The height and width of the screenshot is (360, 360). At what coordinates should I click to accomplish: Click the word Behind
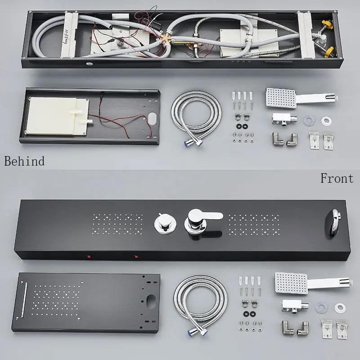pyautogui.click(x=24, y=161)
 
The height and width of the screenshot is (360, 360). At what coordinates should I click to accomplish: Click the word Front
pyautogui.click(x=337, y=178)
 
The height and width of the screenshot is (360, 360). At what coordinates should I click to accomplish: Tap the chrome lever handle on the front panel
pyautogui.click(x=203, y=221)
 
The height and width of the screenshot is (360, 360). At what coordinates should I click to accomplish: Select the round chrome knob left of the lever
pyautogui.click(x=165, y=223)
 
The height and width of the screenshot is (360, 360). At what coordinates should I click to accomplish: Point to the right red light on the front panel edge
pyautogui.click(x=136, y=256)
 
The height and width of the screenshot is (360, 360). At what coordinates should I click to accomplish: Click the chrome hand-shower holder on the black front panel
pyautogui.click(x=332, y=223)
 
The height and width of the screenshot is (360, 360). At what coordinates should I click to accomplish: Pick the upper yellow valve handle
pyautogui.click(x=327, y=24)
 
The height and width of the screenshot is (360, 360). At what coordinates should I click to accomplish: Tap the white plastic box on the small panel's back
pyautogui.click(x=58, y=116)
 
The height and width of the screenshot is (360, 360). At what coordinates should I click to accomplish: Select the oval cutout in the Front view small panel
pyautogui.click(x=151, y=301)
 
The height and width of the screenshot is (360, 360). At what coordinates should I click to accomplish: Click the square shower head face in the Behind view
pyautogui.click(x=281, y=97)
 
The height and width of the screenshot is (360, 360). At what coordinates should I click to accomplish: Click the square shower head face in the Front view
pyautogui.click(x=291, y=283)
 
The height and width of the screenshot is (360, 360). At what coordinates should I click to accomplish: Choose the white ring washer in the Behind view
pyautogui.click(x=327, y=121)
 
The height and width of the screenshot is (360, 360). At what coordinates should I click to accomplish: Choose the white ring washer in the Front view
pyautogui.click(x=340, y=308)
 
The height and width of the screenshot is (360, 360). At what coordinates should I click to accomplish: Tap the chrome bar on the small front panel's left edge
pyautogui.click(x=24, y=300)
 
